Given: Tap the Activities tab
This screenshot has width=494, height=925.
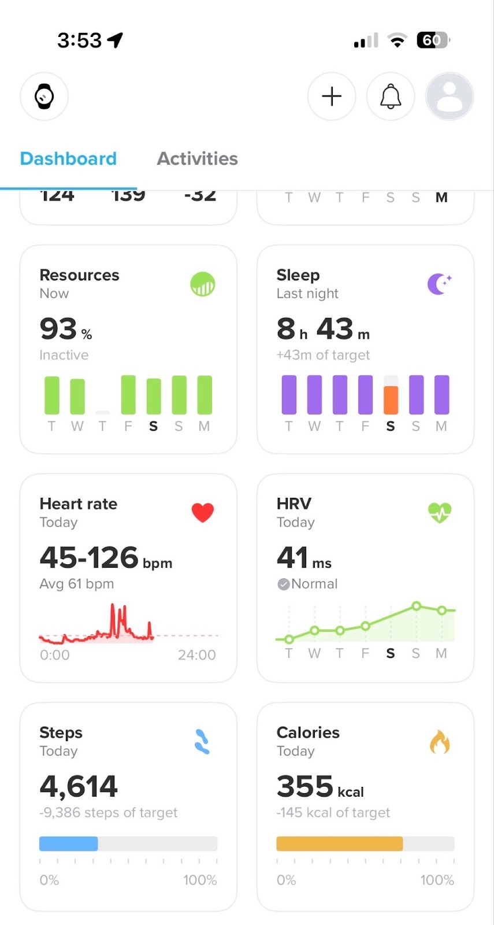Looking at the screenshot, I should [197, 158].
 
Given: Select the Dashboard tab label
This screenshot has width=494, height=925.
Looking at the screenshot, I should [68, 158].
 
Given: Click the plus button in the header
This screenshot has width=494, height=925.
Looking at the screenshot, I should [332, 97].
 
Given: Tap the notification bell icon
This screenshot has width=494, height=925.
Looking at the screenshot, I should [391, 97].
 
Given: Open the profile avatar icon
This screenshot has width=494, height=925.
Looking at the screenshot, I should [450, 97].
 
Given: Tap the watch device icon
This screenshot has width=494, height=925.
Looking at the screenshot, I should [44, 97].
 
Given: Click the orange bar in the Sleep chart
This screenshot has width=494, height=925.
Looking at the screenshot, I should [391, 399].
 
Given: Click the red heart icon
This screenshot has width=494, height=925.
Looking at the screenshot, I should [203, 512].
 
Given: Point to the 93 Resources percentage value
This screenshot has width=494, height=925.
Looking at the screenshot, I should [59, 329].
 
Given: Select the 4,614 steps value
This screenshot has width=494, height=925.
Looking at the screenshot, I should [79, 786].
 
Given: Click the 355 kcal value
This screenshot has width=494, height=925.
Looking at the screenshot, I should [305, 786].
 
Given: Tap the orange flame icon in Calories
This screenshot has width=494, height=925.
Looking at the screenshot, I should [440, 742].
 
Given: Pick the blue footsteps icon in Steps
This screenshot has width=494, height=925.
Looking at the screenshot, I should [202, 742].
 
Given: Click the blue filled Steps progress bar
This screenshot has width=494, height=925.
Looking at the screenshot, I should [69, 843].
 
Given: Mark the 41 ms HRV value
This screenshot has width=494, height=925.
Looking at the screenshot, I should [293, 558].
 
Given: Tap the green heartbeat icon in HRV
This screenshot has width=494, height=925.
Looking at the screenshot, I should [440, 512].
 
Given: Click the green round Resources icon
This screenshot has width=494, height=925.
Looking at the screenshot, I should [203, 284].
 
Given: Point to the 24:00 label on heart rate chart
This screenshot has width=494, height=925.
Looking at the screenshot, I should [196, 655].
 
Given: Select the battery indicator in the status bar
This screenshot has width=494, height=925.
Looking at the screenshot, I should [433, 40].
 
